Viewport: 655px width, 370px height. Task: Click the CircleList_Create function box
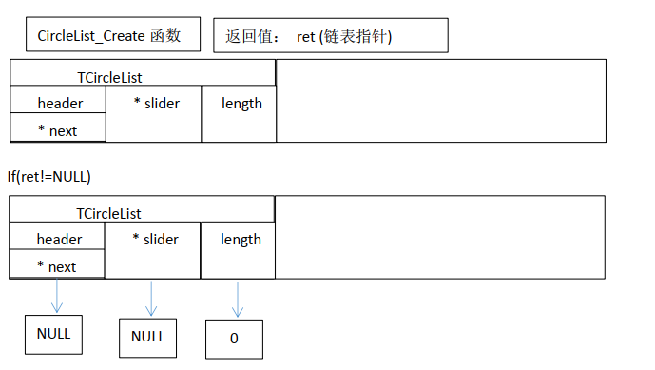click(115, 36)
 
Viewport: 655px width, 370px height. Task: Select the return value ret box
click(330, 36)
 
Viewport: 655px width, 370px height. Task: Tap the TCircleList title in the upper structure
click(109, 77)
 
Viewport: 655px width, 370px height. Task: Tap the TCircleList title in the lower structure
click(108, 214)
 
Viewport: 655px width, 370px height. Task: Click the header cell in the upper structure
click(59, 103)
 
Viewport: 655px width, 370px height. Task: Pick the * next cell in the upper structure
click(57, 130)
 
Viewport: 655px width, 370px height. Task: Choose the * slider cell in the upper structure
click(154, 103)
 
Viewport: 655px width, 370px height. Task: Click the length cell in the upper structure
click(241, 103)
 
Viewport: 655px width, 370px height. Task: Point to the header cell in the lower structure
click(58, 239)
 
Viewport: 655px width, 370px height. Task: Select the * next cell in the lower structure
click(56, 266)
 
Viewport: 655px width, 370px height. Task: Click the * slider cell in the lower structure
click(153, 239)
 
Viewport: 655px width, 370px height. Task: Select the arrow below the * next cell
click(57, 296)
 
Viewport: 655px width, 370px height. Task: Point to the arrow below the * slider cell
click(151, 298)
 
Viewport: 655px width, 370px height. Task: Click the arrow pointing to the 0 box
click(237, 299)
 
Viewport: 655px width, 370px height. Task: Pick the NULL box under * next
click(53, 334)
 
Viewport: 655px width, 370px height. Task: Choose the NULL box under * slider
click(147, 337)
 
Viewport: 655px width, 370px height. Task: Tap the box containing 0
click(234, 339)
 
